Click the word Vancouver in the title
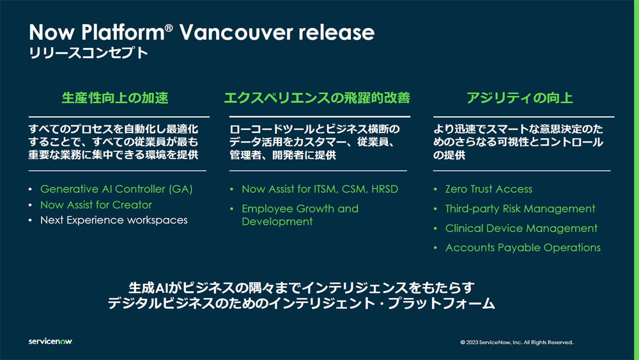[236, 32]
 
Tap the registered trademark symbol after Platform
[169, 27]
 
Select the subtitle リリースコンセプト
[88, 53]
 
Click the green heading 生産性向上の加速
[115, 98]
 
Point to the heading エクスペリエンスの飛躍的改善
[317, 98]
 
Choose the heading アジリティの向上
[520, 98]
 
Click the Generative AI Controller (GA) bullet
[116, 189]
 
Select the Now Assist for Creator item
[96, 205]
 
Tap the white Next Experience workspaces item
[114, 220]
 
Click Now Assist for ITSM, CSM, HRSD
[320, 189]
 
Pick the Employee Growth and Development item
[300, 215]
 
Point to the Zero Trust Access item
[489, 189]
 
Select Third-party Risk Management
[520, 208]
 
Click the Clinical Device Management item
[521, 228]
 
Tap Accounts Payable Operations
[523, 247]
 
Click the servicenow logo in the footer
[50, 341]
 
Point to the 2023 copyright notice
[517, 343]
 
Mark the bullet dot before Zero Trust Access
[435, 189]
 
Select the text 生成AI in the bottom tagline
[148, 288]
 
